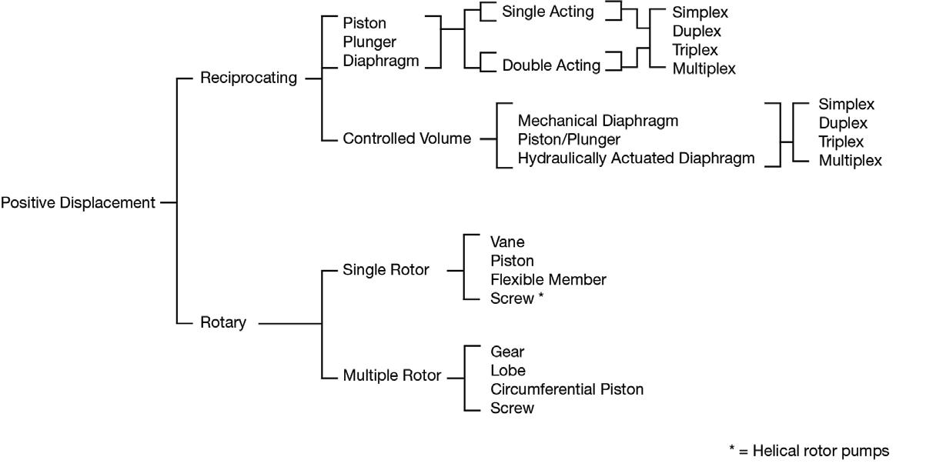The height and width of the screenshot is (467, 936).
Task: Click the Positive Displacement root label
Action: point(78,203)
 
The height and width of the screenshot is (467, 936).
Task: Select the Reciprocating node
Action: point(248,78)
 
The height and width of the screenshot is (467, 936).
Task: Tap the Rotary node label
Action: point(222,323)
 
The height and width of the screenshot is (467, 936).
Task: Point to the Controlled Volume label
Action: point(406,139)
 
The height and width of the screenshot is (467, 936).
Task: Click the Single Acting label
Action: point(547,12)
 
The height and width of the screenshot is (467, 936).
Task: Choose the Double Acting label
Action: point(551,65)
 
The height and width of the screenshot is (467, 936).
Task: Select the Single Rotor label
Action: point(386,270)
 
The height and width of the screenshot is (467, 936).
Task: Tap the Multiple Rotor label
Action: point(392,376)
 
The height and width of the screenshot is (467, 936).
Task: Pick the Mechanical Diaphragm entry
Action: point(597,121)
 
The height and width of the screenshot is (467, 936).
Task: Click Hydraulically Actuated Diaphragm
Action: point(636,158)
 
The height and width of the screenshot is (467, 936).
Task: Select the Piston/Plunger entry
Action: point(569,140)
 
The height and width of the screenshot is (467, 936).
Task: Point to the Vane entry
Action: point(507,243)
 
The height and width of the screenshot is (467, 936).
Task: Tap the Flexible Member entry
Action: point(548,280)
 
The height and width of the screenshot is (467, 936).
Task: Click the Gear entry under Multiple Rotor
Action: point(507,352)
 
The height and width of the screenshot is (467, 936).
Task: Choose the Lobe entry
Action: point(508,371)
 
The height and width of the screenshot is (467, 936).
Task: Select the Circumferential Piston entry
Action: point(567,389)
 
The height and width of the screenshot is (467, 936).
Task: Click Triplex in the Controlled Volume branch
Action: point(841,142)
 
